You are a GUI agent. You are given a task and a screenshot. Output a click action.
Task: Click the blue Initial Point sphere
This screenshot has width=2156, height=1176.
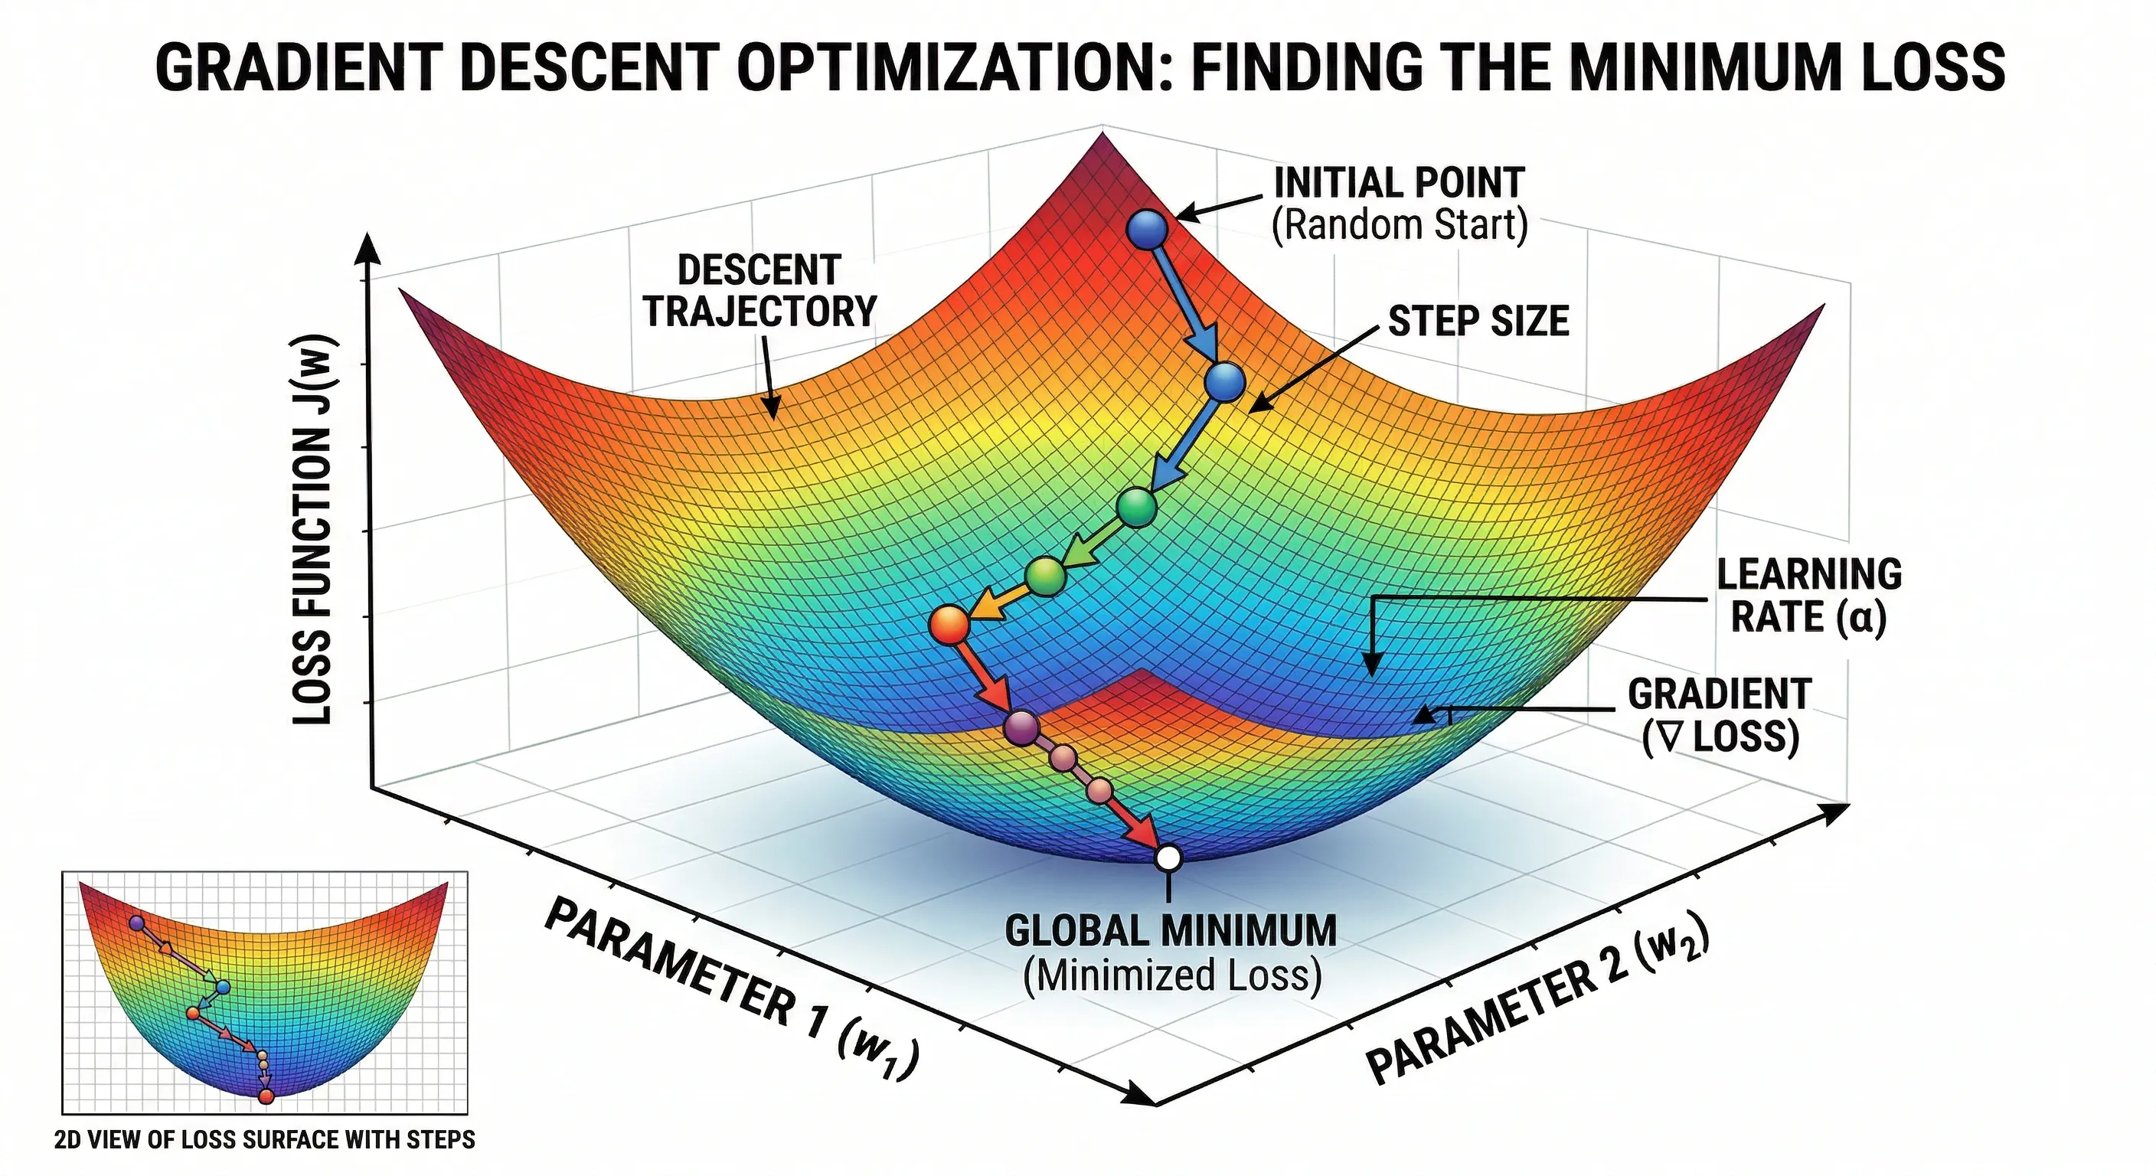point(1147,227)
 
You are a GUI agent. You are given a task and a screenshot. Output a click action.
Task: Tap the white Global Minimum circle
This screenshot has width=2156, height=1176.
point(1168,858)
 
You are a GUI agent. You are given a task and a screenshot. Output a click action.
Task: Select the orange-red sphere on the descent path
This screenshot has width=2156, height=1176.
point(949,626)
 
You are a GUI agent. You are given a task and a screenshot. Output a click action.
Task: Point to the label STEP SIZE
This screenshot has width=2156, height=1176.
point(1478,322)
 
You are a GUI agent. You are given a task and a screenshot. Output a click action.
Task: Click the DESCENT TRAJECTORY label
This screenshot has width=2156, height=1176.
point(759,290)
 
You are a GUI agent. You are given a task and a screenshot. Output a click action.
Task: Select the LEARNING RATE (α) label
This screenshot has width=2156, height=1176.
point(1808,596)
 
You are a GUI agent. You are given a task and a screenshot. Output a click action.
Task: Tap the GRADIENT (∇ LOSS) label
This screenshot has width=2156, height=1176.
point(1719,716)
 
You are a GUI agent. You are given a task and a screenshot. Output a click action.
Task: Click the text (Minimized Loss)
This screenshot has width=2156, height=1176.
point(1171,976)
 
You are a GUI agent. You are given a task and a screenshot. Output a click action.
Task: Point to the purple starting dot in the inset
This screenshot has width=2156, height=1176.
point(136,923)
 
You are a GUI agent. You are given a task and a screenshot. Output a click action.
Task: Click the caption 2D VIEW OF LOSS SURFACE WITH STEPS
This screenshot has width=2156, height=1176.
point(264,1140)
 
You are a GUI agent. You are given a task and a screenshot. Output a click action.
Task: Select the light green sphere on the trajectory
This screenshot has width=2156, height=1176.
point(1044,576)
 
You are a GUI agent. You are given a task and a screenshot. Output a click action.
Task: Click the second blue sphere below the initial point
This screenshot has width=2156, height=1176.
point(1224,383)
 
